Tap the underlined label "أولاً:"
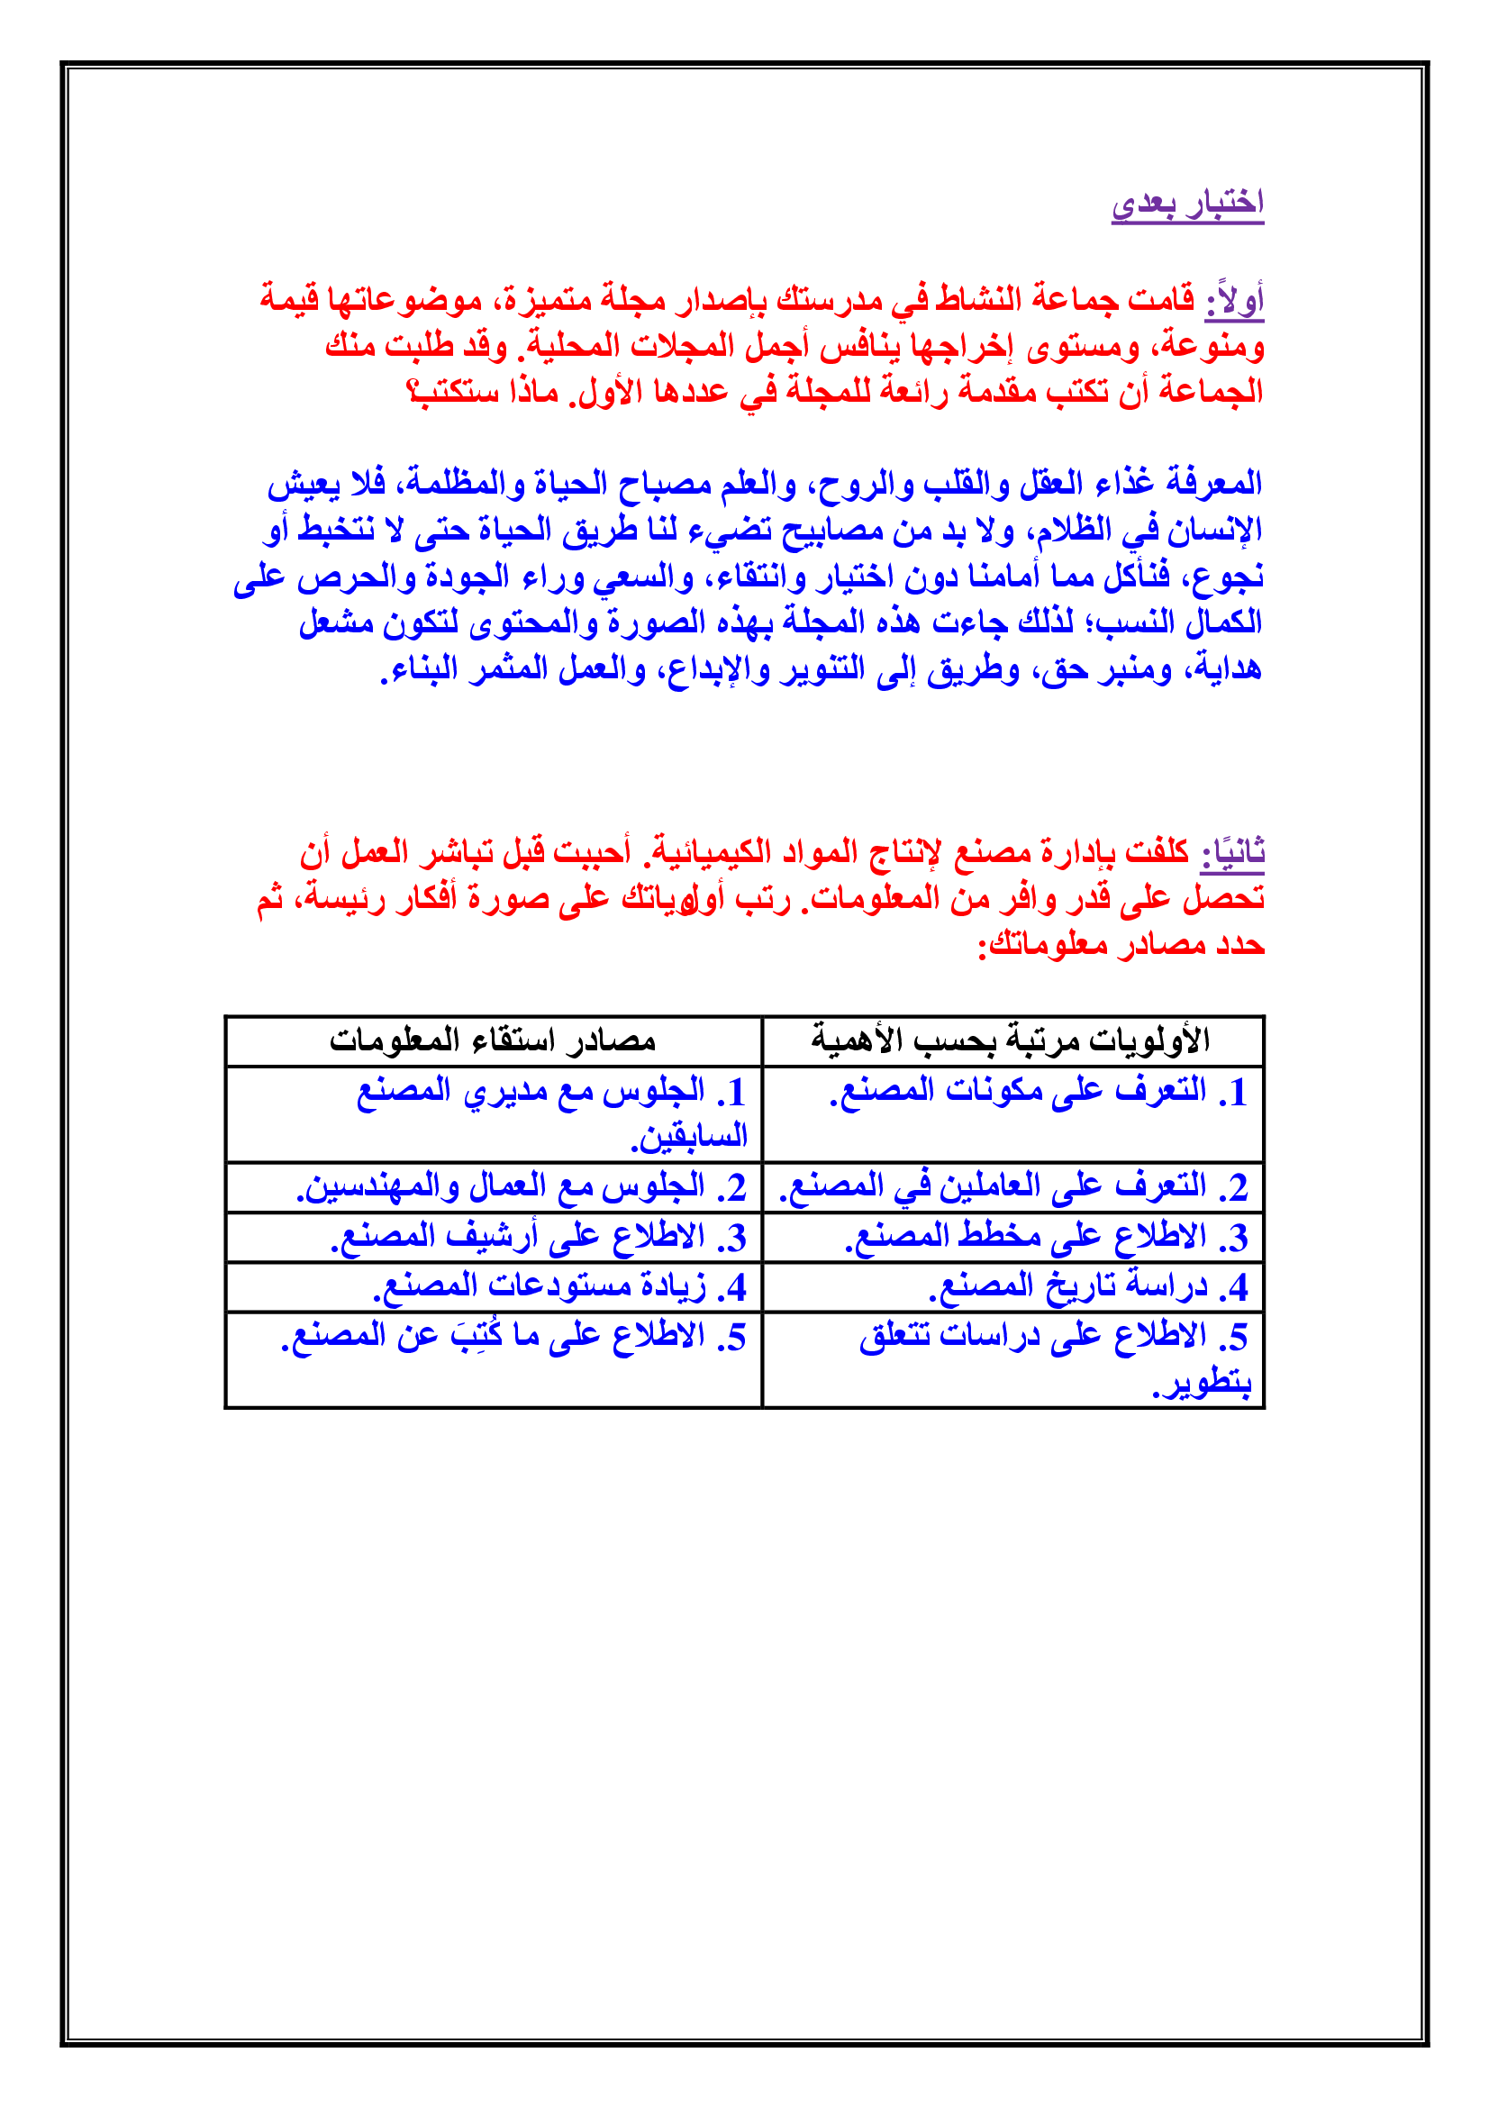(x=1235, y=301)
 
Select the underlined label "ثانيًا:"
(x=1233, y=852)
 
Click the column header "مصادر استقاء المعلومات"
(x=493, y=1040)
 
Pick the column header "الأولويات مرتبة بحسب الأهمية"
(x=1011, y=1040)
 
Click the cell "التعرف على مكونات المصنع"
(x=1019, y=1091)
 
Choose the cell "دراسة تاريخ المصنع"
(x=1068, y=1286)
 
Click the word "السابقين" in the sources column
(x=689, y=1138)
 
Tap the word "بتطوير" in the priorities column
(x=1203, y=1383)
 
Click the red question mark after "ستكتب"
(x=413, y=393)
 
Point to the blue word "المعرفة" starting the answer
(x=1214, y=484)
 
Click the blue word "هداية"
(x=1225, y=670)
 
